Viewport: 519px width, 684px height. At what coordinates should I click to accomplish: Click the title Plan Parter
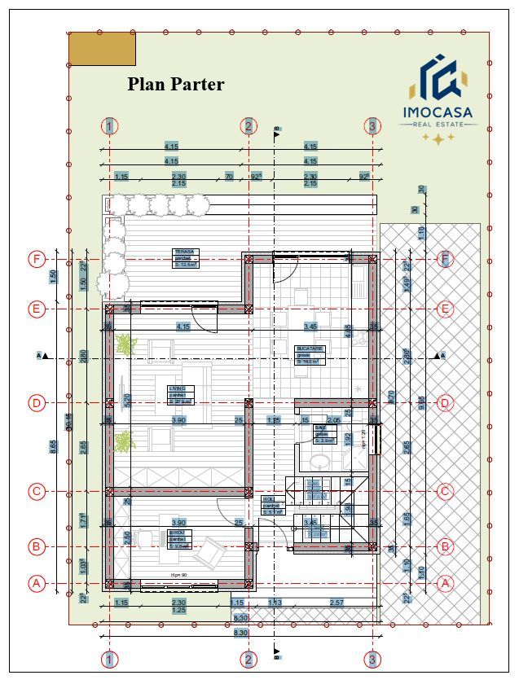coord(175,85)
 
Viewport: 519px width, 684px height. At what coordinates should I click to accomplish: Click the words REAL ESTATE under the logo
coord(438,124)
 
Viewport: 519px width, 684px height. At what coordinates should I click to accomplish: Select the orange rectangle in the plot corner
coord(102,48)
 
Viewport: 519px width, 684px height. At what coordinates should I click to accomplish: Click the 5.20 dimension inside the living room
coord(127,400)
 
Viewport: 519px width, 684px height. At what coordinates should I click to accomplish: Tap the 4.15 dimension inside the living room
coord(183,327)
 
